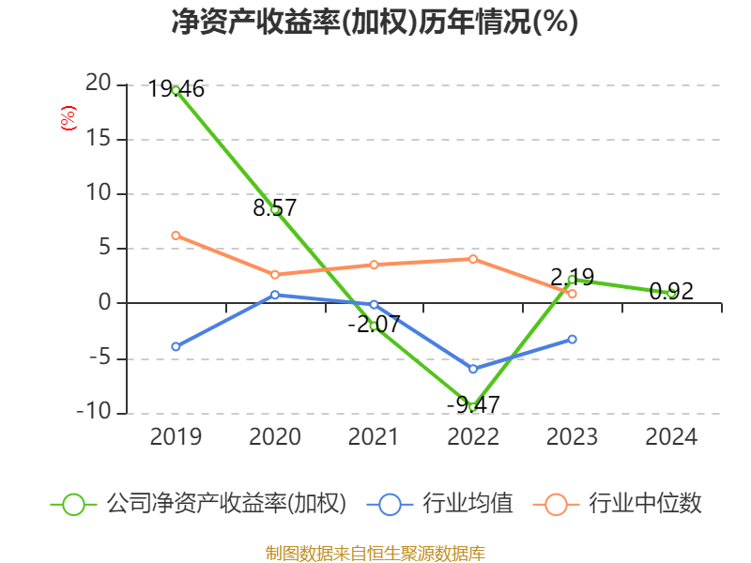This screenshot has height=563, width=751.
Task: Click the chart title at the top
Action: pos(375,23)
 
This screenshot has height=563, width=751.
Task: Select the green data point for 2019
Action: pos(176,90)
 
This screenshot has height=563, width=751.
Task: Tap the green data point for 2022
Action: pos(473,406)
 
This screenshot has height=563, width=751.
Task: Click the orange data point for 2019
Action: pos(176,236)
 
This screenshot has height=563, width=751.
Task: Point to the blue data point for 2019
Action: pos(176,346)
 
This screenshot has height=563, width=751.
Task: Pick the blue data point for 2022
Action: pos(473,369)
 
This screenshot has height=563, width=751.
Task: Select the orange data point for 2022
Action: pos(473,259)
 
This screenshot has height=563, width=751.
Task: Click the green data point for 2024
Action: pos(671,293)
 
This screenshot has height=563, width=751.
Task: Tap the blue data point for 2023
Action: pos(572,339)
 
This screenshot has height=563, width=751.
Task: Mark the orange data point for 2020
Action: pos(275,275)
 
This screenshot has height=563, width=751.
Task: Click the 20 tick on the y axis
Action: pos(98,84)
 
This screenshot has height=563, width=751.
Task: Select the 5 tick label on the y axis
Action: pos(103,249)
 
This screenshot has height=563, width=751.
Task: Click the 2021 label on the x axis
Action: pos(374,437)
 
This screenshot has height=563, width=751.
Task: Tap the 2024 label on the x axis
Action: pos(671,437)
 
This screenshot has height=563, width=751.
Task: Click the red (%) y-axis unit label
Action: pos(68,118)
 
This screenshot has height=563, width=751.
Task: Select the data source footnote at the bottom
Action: pos(375,553)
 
